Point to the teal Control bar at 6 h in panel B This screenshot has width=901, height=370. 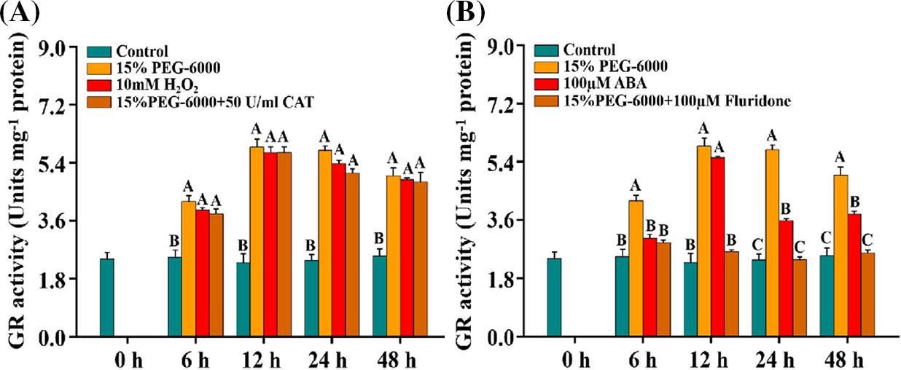621,296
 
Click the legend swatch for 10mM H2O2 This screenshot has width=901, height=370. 98,86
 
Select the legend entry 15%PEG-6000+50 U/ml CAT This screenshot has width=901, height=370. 214,103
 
